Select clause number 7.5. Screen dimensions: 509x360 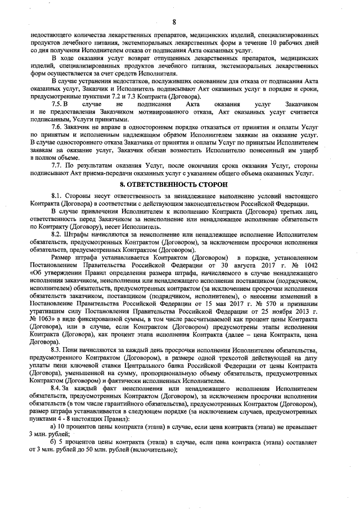tap(57, 105)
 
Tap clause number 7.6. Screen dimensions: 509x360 tap(57, 128)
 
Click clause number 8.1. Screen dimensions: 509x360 tap(57, 195)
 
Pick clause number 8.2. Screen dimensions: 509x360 tap(57, 233)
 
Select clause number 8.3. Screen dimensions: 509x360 tap(57, 350)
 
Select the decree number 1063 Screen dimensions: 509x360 tap(42, 319)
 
